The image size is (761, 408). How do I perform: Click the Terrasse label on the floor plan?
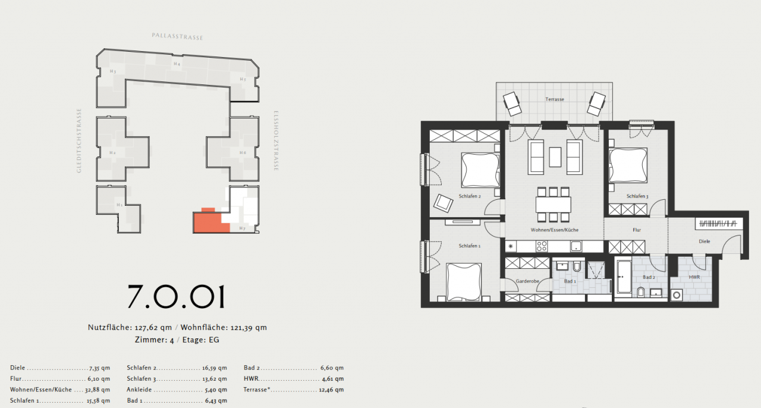(x=554, y=99)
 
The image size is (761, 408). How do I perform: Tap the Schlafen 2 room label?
(x=469, y=196)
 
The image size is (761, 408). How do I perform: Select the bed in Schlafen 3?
(x=628, y=165)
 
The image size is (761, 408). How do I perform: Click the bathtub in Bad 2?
(x=624, y=277)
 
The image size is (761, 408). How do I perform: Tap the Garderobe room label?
(x=527, y=281)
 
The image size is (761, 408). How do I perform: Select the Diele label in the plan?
(x=704, y=241)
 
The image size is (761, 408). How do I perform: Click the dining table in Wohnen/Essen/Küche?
(x=553, y=205)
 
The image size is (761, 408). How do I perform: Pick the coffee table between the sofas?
(x=555, y=156)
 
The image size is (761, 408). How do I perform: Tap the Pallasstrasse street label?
(x=177, y=37)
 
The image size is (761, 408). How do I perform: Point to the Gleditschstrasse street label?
(x=79, y=141)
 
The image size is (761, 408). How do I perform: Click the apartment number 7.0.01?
(x=177, y=296)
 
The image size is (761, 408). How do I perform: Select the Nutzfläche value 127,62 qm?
(x=153, y=327)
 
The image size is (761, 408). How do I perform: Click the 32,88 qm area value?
(x=98, y=390)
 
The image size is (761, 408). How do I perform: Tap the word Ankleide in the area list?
(x=139, y=390)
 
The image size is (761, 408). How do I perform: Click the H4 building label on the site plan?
(x=177, y=64)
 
